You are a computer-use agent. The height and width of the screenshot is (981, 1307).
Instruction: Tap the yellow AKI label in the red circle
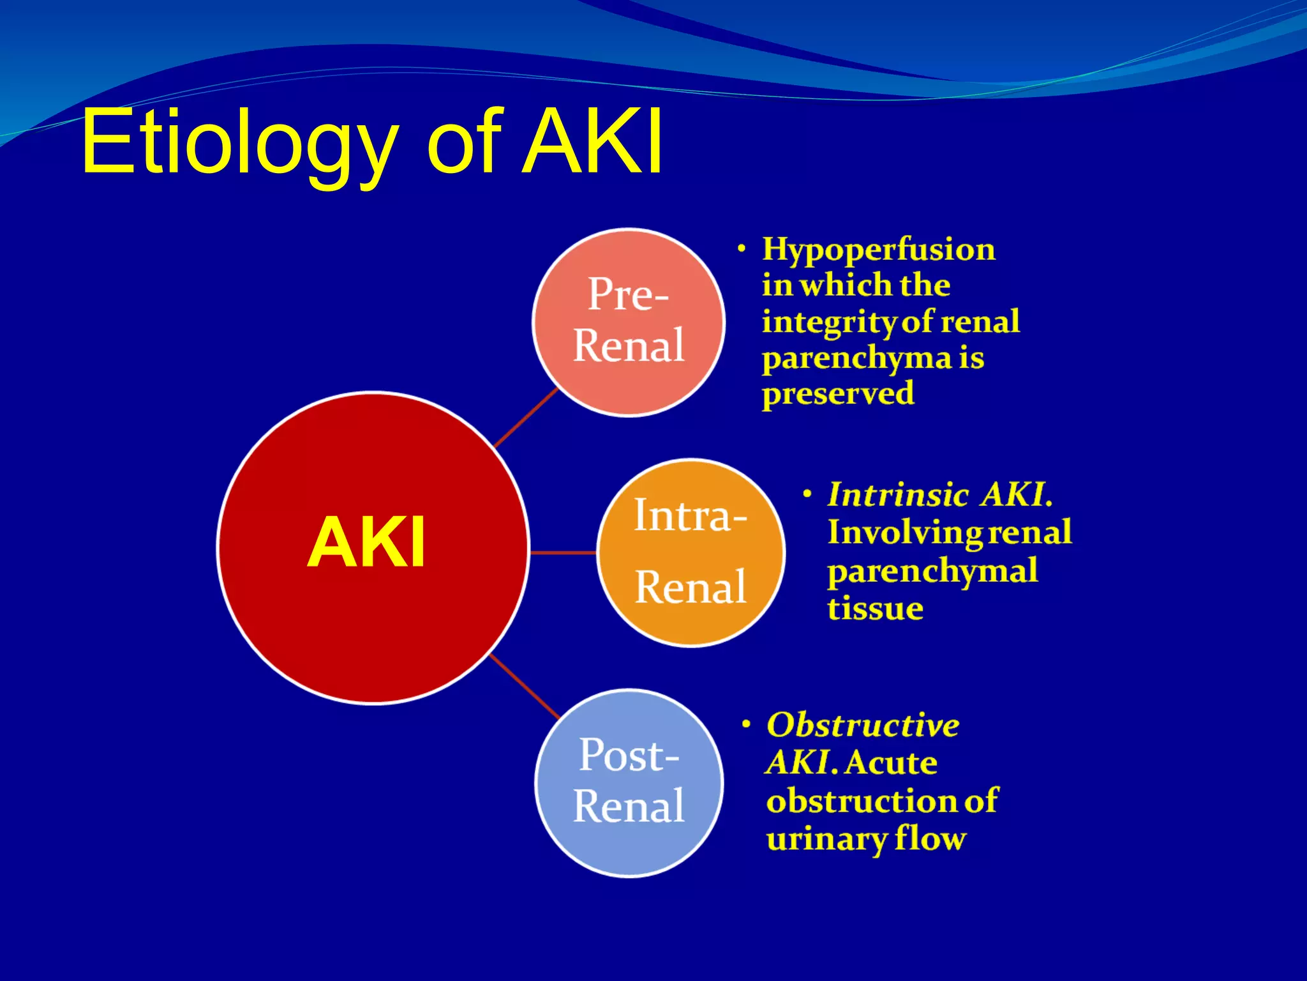(366, 543)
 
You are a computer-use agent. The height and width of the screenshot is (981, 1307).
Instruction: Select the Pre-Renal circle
(629, 323)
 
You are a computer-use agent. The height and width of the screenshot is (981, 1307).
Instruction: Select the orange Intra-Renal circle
(691, 552)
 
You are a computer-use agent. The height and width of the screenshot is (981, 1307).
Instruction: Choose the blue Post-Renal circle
(629, 783)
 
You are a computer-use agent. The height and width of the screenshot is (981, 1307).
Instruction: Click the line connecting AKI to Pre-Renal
(526, 417)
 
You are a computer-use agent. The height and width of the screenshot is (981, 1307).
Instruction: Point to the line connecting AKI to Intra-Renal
(563, 552)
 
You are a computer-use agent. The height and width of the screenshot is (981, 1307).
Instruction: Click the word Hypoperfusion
(878, 249)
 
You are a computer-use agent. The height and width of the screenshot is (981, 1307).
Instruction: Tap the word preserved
(837, 393)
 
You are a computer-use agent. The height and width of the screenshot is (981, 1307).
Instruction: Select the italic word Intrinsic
(899, 494)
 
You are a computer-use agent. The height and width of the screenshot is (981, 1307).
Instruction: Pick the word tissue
(875, 608)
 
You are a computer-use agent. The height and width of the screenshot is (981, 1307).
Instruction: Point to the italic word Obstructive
(862, 725)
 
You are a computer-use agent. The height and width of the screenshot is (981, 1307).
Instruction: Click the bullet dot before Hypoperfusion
(741, 248)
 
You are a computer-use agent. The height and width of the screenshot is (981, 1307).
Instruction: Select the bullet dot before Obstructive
(745, 724)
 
